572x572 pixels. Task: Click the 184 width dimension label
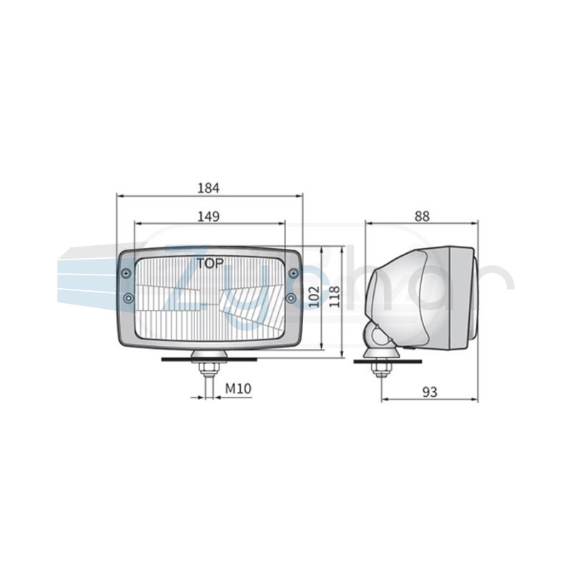pos(209,188)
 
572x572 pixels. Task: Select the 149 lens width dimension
pos(209,217)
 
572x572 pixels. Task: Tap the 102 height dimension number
pos(314,296)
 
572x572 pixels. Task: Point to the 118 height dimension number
pos(334,296)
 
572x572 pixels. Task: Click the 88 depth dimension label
pos(422,217)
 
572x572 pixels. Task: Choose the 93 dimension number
pos(430,392)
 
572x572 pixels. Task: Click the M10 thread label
pos(238,388)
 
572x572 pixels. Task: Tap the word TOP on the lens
pos(210,263)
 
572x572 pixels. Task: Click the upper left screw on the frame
pos(127,273)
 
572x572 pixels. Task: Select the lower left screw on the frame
pos(128,298)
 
